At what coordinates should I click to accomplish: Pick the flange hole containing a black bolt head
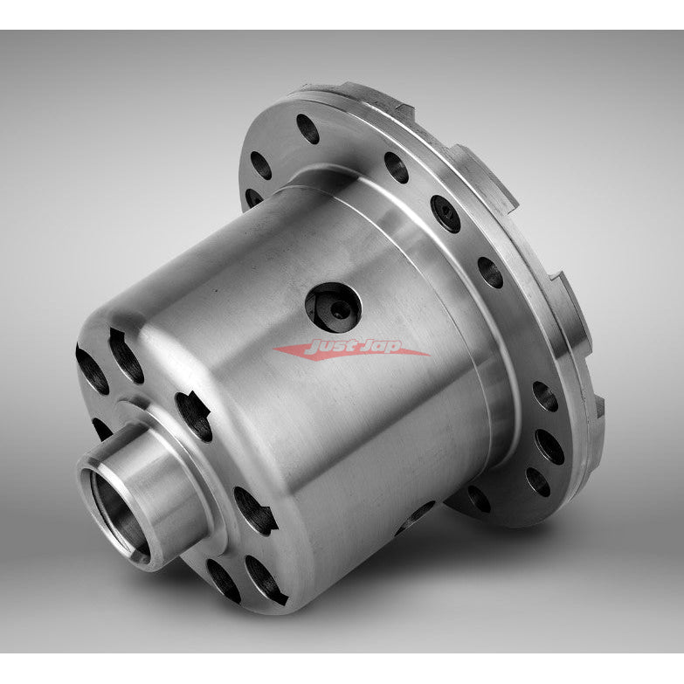click(x=445, y=213)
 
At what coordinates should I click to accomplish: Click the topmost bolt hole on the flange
click(x=307, y=129)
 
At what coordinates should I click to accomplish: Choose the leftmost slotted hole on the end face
click(x=91, y=367)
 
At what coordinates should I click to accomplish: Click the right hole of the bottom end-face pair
click(x=262, y=570)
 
